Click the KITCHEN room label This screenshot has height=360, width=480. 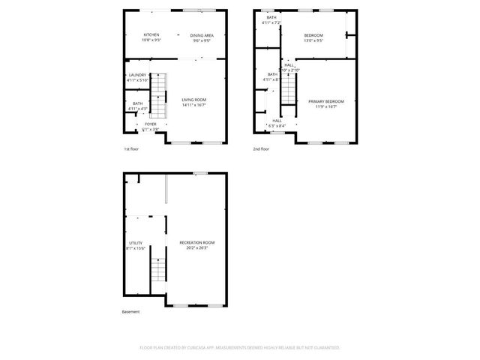tap(151, 35)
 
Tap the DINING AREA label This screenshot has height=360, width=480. tap(202, 35)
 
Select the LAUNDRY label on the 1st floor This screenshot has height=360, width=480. tap(137, 75)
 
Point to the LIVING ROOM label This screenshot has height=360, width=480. tap(193, 100)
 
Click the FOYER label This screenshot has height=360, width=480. tap(151, 124)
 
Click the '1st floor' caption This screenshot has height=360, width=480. tap(131, 148)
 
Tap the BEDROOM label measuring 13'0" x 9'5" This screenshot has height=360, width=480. tap(313, 35)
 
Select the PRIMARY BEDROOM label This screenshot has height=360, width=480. tap(326, 101)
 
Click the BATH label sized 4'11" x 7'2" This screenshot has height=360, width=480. tap(271, 18)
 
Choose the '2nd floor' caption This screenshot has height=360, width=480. tap(261, 148)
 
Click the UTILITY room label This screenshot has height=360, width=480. tap(136, 243)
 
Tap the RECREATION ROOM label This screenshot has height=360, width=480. tap(196, 242)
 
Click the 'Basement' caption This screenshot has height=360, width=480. tap(130, 311)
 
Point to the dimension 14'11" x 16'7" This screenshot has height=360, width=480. tap(193, 105)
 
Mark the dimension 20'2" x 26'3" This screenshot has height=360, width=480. tap(196, 248)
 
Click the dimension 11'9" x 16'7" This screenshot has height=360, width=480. tap(326, 106)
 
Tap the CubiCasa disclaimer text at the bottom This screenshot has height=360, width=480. tap(240, 348)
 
